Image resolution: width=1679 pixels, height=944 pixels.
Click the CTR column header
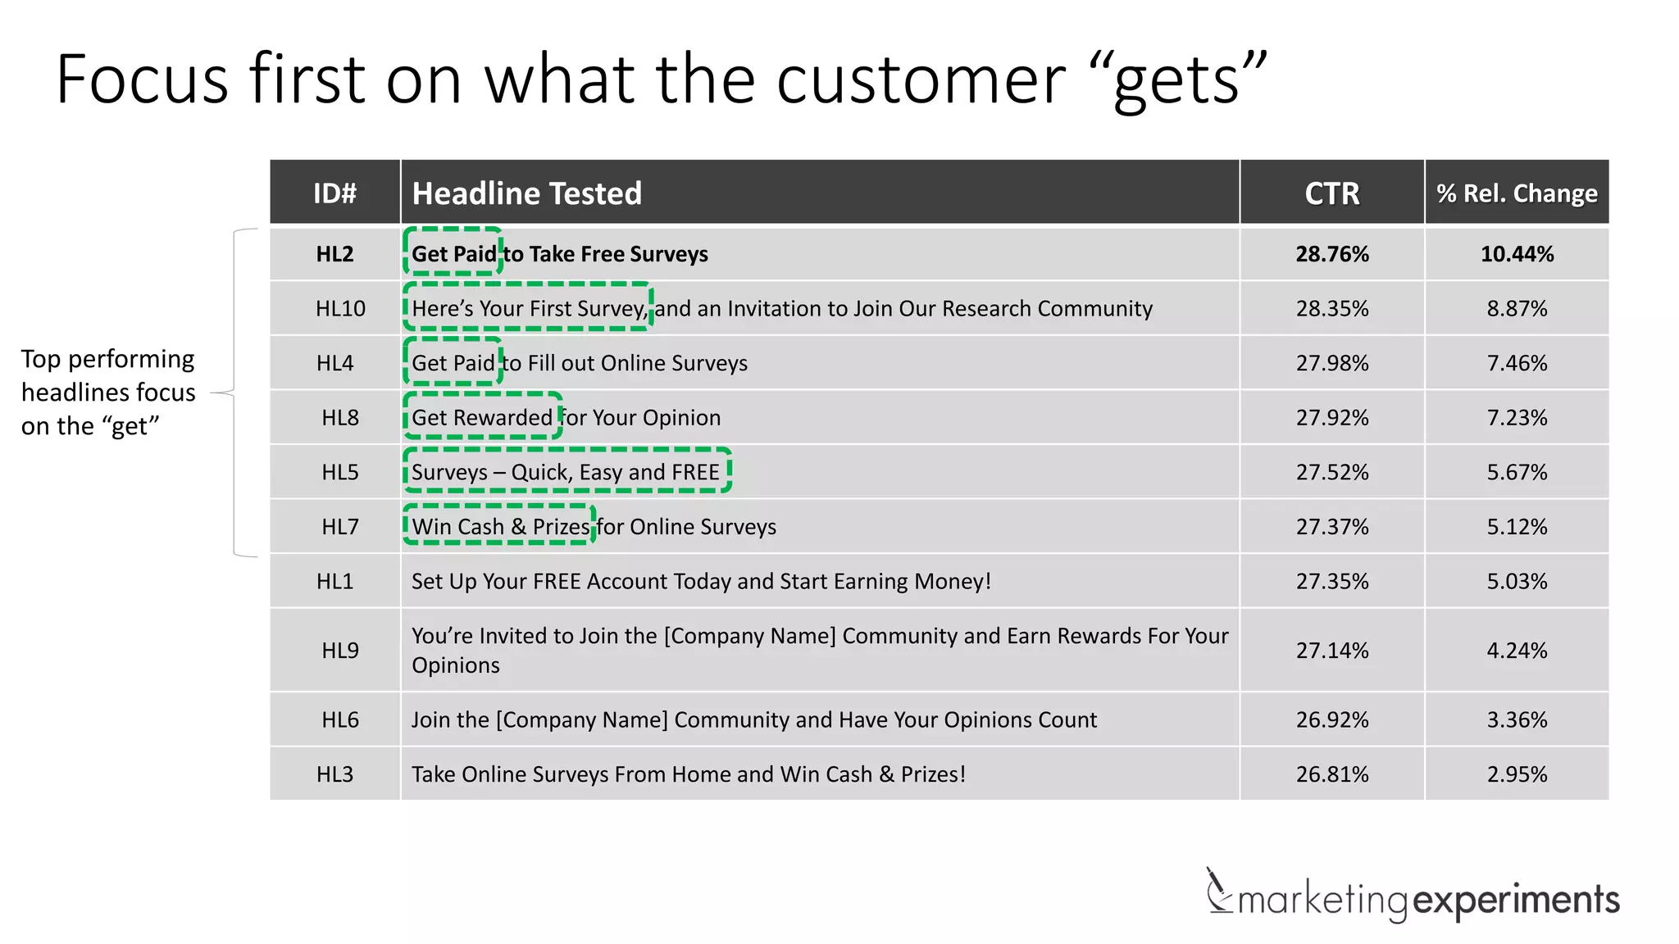(x=1331, y=193)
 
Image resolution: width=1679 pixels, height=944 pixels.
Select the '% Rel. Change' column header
(x=1517, y=193)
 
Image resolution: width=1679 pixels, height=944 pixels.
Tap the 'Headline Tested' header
(x=526, y=193)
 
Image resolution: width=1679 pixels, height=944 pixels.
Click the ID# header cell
(x=334, y=193)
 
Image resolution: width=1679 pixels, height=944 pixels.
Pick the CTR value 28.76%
(x=1332, y=254)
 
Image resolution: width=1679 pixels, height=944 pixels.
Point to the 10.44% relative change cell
(x=1517, y=254)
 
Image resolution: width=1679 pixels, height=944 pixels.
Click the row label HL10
(x=340, y=309)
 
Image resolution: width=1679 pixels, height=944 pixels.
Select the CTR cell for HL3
(x=1332, y=774)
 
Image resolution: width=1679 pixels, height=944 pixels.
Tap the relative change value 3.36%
(x=1517, y=719)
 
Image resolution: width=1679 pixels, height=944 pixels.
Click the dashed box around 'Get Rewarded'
(x=483, y=416)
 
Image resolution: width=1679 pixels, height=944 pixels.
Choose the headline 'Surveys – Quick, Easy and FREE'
(x=566, y=472)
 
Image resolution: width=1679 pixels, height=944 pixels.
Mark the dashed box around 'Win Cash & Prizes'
(x=499, y=525)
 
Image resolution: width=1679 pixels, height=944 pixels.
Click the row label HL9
(x=340, y=651)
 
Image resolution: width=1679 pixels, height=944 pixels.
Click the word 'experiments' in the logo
(x=1516, y=900)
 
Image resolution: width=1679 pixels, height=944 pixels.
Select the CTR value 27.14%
(x=1332, y=651)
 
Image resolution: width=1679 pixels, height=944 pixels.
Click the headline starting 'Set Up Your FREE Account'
(x=701, y=582)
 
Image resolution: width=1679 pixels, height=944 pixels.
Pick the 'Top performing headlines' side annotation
(x=108, y=393)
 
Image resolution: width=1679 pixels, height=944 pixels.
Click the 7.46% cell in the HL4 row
(x=1517, y=363)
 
